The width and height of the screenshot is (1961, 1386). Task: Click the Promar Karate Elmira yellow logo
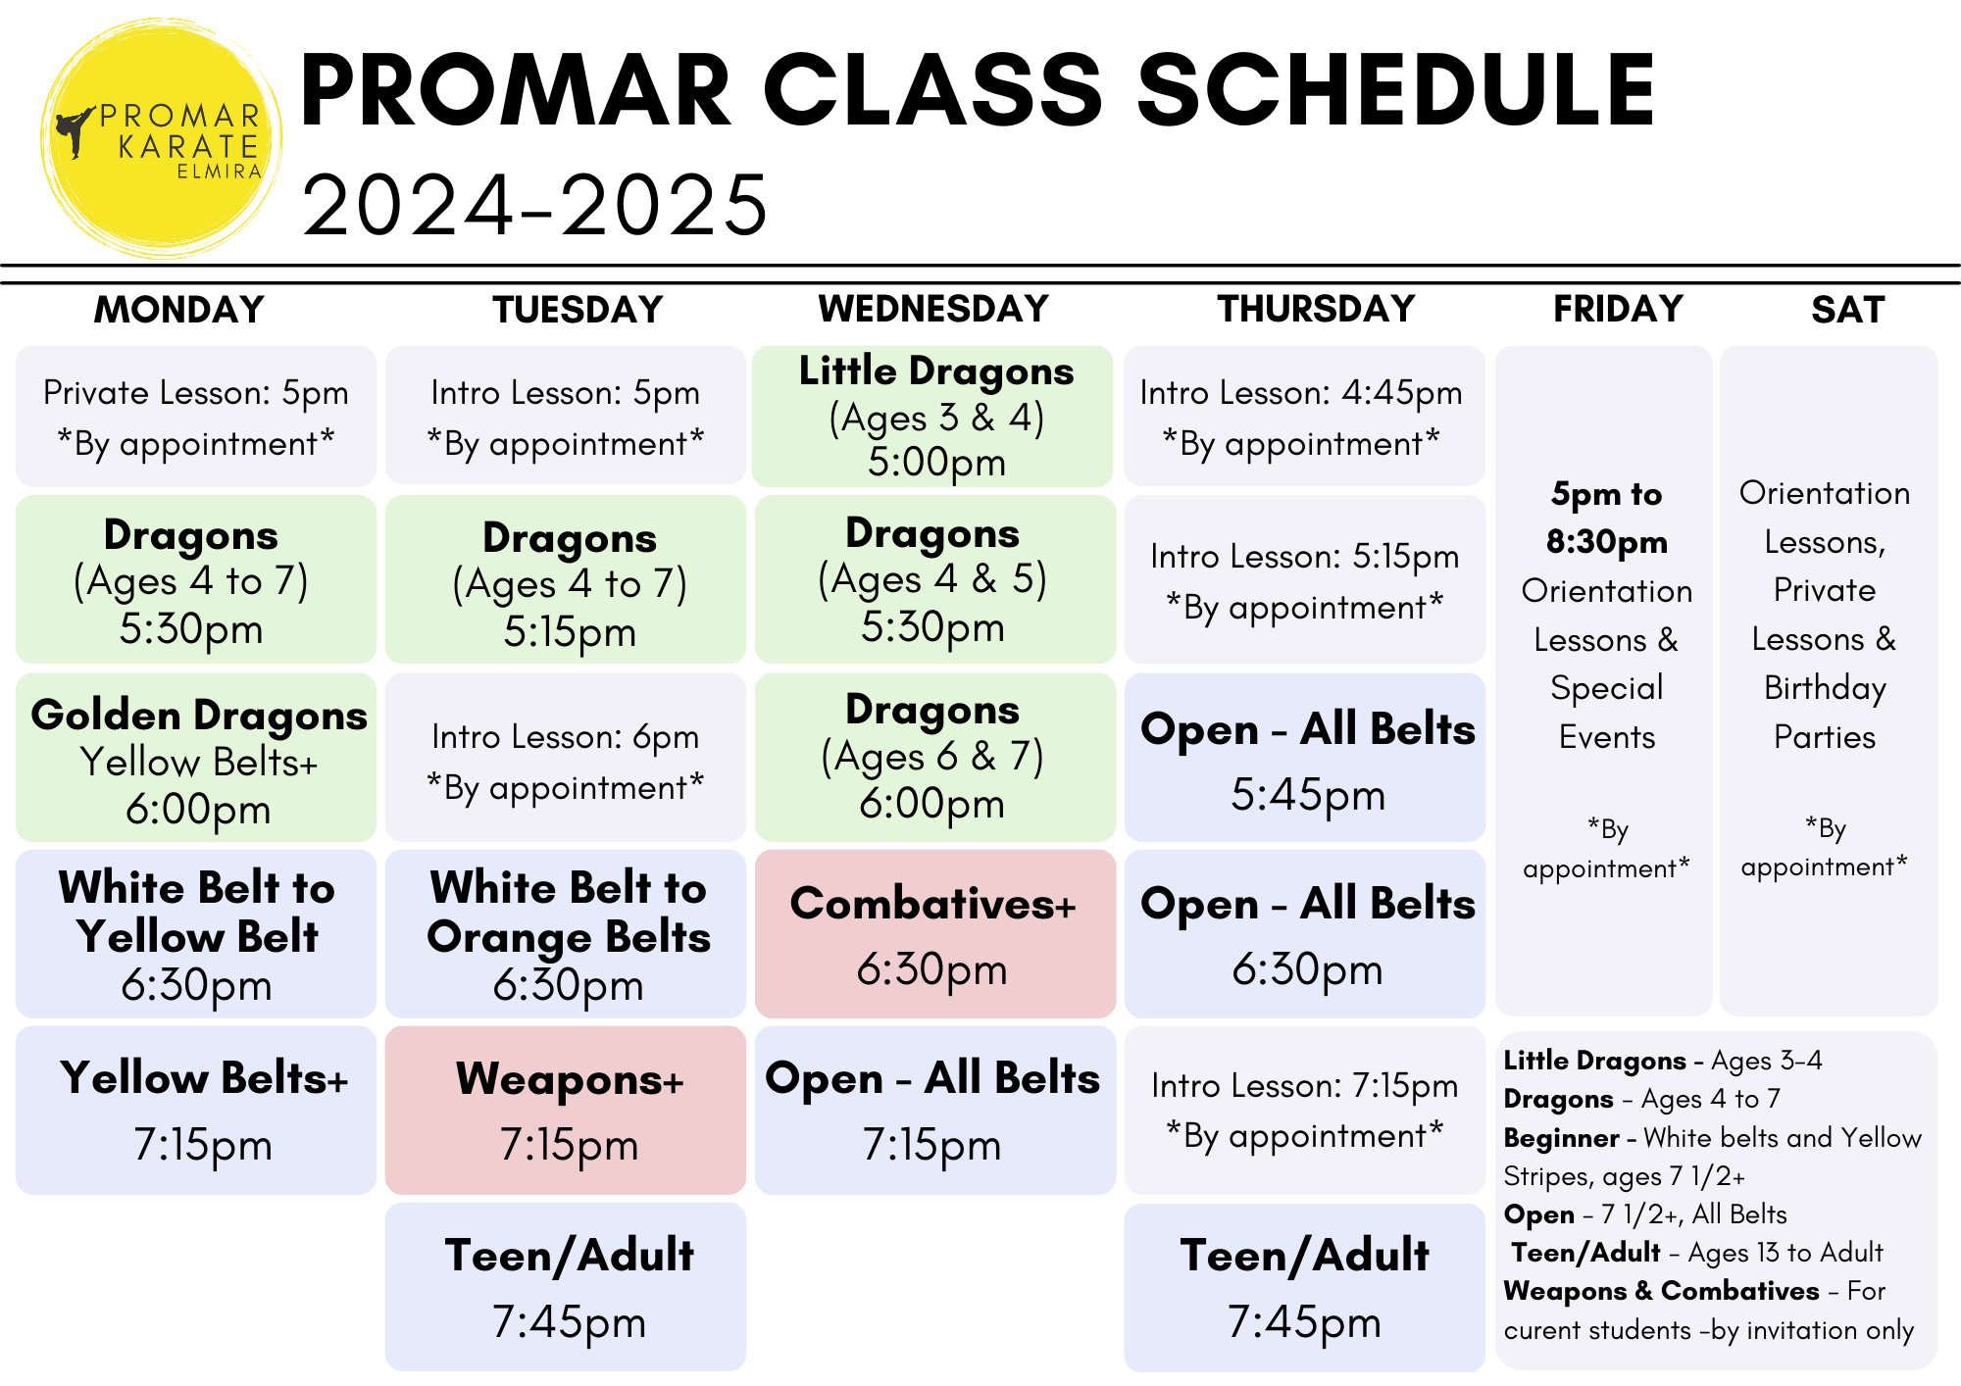tap(162, 139)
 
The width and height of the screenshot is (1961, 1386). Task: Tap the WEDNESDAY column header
tap(933, 309)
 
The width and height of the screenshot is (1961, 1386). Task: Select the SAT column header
tap(1847, 310)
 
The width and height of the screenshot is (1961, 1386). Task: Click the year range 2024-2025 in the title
tap(535, 205)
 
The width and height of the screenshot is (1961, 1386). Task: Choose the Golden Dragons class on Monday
tap(196, 757)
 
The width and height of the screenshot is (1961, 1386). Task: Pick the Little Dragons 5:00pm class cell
tap(933, 416)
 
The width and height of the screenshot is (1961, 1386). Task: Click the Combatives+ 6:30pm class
tap(934, 933)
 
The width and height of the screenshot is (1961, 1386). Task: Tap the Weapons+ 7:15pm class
tap(566, 1110)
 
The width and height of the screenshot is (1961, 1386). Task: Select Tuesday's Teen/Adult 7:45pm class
tap(566, 1286)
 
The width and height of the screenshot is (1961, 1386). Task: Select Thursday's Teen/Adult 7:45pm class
tap(1304, 1286)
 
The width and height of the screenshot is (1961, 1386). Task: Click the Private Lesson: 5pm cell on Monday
tap(196, 416)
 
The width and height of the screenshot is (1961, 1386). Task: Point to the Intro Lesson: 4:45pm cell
tap(1304, 416)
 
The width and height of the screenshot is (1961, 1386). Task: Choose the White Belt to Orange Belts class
tap(566, 933)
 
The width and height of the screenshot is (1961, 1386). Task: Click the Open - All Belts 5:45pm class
tap(1304, 757)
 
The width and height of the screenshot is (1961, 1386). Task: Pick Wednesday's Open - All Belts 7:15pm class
tap(934, 1110)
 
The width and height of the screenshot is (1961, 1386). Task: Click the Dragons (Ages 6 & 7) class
tap(934, 757)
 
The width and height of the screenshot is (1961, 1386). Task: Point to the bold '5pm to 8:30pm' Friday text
tap(1606, 518)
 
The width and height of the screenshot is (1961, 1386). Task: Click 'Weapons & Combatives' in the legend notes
tap(1661, 1291)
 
